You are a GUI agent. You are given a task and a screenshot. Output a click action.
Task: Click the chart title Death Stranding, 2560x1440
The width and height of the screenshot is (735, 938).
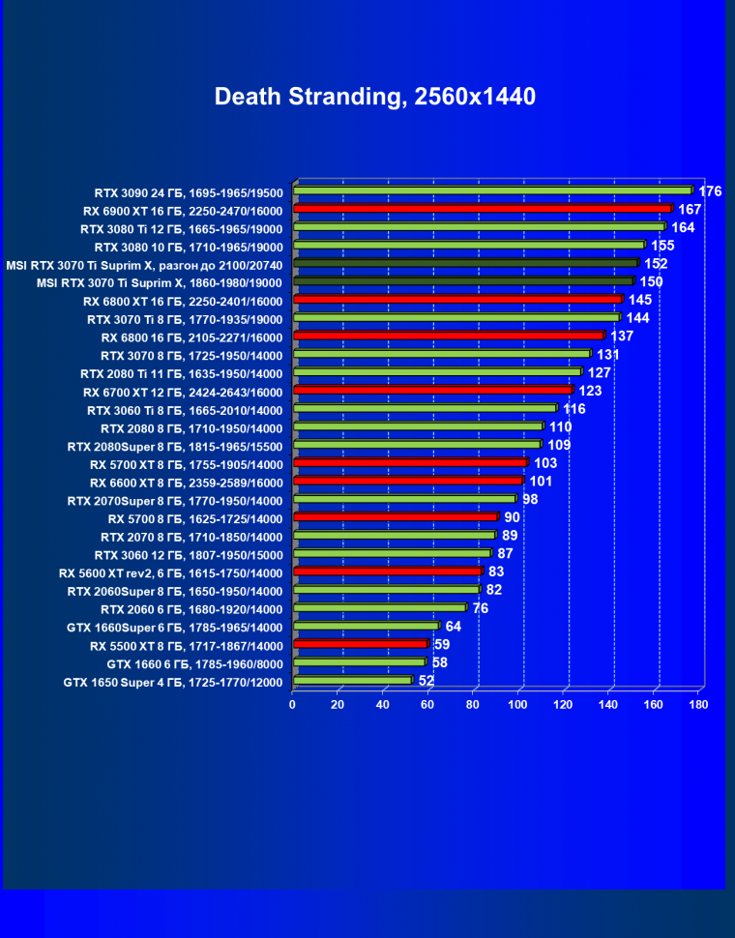pos(374,97)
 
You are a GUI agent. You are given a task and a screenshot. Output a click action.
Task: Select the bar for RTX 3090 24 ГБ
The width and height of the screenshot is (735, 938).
pos(492,191)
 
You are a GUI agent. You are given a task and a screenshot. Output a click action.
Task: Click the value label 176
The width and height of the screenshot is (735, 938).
pos(710,191)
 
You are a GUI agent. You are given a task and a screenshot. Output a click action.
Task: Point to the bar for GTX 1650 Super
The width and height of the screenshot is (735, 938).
pos(352,681)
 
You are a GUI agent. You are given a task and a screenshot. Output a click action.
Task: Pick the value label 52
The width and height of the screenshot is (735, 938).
pos(426,681)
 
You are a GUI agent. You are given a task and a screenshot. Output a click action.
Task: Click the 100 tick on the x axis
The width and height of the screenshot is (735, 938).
pos(518,704)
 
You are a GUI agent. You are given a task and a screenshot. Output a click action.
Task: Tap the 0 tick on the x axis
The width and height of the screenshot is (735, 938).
pos(293,704)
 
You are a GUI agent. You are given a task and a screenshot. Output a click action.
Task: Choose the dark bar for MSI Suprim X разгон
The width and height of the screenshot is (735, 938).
pos(465,263)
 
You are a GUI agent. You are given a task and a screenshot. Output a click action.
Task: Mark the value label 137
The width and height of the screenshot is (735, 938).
pos(622,337)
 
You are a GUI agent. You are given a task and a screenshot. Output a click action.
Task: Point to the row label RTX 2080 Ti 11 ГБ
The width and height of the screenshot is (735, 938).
pos(181,373)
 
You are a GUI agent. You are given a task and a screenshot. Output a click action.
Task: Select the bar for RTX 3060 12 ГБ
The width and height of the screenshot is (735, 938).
pos(392,554)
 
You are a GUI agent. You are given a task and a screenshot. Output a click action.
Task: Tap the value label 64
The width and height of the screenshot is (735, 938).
pos(454,627)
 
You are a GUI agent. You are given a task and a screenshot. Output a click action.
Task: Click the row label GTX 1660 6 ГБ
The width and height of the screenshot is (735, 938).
pos(194,664)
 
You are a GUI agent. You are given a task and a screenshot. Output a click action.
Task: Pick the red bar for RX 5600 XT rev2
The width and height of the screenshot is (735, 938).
pos(387,572)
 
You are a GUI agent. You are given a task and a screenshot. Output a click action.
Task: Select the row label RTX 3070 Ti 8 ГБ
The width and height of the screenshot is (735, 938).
pos(185,319)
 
